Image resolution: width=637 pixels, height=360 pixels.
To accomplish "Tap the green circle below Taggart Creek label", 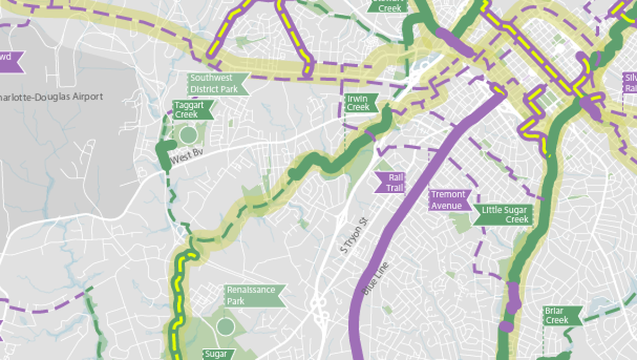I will pyautogui.click(x=188, y=135).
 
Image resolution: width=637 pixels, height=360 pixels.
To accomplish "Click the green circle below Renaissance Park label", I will pyautogui.click(x=225, y=326).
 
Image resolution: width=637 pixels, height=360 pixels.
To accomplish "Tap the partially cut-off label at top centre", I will pyautogui.click(x=389, y=5).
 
